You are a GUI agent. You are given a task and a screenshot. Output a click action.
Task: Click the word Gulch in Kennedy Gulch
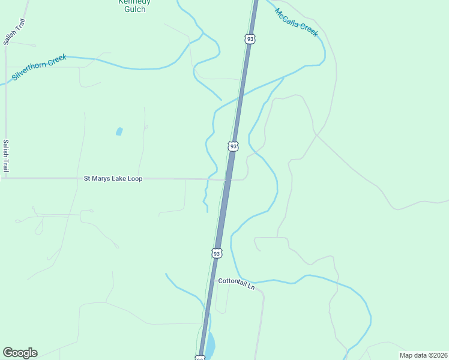[134, 9]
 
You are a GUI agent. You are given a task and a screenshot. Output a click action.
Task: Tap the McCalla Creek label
[295, 22]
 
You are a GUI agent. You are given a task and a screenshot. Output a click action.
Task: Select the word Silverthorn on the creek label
[30, 70]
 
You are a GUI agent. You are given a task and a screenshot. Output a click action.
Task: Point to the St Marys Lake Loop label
[113, 179]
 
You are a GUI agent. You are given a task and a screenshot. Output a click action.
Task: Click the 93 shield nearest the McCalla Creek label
[250, 39]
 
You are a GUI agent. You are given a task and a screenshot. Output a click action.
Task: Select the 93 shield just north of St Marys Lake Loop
[233, 146]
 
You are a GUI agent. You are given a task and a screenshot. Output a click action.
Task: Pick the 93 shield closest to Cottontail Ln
[217, 253]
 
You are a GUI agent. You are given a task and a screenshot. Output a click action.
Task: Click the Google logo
[20, 353]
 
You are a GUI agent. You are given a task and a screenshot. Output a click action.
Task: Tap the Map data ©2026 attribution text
[423, 355]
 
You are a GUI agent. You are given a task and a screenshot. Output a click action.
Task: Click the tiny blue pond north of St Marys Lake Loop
[119, 131]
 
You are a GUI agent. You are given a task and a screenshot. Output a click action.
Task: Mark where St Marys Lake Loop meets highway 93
[226, 179]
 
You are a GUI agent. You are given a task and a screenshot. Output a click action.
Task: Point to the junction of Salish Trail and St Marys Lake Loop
[5, 178]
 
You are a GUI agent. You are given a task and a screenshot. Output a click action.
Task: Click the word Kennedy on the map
[134, 2]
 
